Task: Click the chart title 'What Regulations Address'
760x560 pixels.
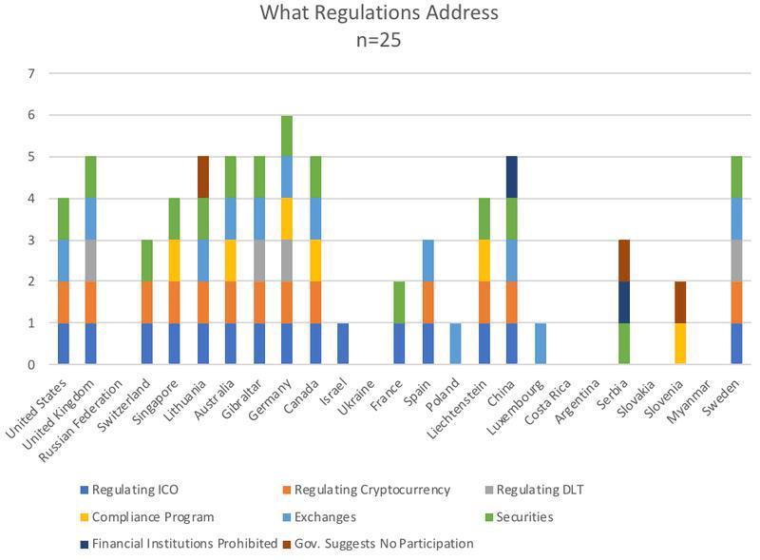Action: point(379,13)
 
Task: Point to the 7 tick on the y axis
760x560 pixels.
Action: point(32,73)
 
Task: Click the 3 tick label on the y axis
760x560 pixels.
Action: point(32,240)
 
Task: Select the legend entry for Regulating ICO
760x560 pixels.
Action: point(134,490)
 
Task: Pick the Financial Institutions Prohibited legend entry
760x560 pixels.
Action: point(171,543)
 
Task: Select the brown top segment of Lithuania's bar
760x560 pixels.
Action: point(203,177)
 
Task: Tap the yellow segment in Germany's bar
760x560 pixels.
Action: point(286,219)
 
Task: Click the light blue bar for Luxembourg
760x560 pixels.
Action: point(541,343)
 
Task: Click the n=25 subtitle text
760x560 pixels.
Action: point(379,41)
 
